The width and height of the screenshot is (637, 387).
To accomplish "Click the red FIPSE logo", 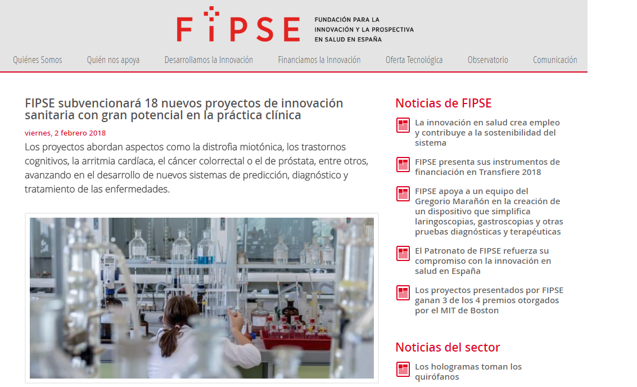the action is tap(238, 24).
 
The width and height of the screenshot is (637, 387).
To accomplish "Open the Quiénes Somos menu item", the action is tap(37, 60).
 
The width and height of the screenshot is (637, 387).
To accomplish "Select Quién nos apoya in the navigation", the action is tap(113, 60).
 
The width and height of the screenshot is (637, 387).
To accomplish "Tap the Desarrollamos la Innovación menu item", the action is tap(209, 60).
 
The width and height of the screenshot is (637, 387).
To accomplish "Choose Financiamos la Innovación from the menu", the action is tap(319, 60).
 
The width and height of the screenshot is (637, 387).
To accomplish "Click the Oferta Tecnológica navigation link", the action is tap(414, 60).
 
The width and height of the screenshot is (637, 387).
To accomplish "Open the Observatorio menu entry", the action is tap(487, 60).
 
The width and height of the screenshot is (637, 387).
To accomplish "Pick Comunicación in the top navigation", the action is tap(555, 60).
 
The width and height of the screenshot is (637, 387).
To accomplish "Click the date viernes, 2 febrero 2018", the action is tap(65, 133).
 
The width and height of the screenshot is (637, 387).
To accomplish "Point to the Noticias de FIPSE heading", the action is tap(443, 103).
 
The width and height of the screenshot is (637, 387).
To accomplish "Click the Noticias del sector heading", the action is tap(448, 347).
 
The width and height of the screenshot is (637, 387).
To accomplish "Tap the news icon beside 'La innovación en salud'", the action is tap(403, 125).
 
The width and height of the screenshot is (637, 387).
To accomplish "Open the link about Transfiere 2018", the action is tap(487, 166).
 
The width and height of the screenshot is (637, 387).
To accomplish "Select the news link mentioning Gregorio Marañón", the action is tap(489, 211).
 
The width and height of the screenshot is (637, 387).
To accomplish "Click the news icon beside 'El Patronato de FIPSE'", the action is tap(403, 254).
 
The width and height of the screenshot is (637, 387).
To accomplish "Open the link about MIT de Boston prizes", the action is tap(489, 300).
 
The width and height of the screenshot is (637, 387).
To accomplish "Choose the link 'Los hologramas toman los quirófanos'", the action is tap(468, 372).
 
